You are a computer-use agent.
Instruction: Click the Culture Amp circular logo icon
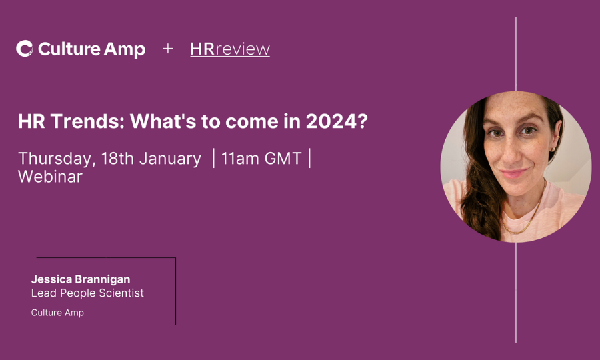pyautogui.click(x=25, y=49)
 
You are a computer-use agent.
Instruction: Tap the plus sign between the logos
pyautogui.click(x=167, y=49)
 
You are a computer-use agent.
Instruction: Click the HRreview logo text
pyautogui.click(x=230, y=49)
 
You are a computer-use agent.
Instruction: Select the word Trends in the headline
pyautogui.click(x=87, y=121)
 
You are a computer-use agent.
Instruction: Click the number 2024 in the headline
pyautogui.click(x=333, y=121)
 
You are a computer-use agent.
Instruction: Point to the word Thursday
pyautogui.click(x=55, y=159)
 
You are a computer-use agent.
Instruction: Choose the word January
pyautogui.click(x=170, y=159)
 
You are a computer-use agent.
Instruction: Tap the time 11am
pyautogui.click(x=240, y=159)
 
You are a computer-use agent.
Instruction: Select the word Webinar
pyautogui.click(x=50, y=177)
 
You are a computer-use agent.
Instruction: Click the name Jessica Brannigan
pyautogui.click(x=81, y=279)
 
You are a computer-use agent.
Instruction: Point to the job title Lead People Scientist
pyautogui.click(x=87, y=293)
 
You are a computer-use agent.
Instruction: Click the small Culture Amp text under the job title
pyautogui.click(x=57, y=313)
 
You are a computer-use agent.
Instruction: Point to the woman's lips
pyautogui.click(x=514, y=173)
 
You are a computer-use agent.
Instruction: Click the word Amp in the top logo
pyautogui.click(x=125, y=50)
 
